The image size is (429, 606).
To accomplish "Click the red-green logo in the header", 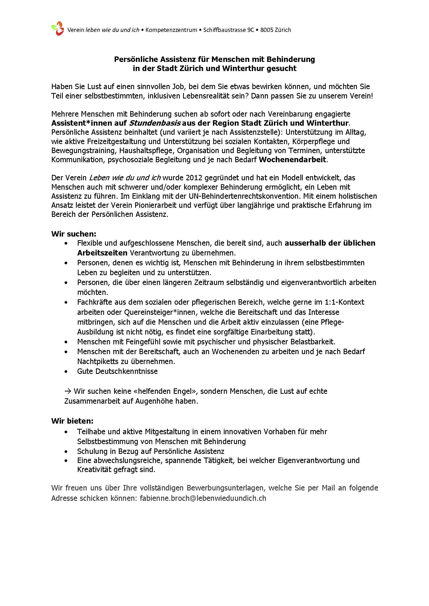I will (x=58, y=28).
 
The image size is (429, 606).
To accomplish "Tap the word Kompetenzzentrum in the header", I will (x=171, y=30).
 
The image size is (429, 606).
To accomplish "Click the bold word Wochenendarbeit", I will (x=292, y=160).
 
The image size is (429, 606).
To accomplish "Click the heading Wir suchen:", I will (x=74, y=234).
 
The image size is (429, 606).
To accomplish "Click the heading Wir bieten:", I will (x=72, y=421).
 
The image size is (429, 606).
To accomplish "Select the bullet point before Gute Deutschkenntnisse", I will (x=66, y=372).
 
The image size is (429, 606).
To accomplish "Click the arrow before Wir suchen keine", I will (x=68, y=391).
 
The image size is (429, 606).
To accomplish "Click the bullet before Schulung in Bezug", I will (x=66, y=452).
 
